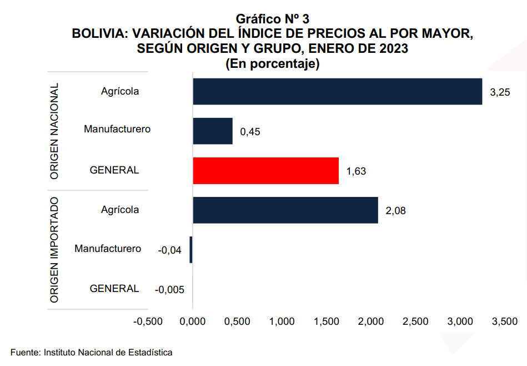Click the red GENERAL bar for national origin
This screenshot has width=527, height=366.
[265, 170]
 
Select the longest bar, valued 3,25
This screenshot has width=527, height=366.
[337, 91]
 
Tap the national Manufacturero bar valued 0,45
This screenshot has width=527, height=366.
[213, 131]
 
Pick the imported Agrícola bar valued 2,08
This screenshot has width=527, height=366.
[285, 210]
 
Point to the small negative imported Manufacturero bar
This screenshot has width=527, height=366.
[191, 250]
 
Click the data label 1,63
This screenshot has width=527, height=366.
[356, 171]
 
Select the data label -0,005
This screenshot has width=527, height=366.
[169, 290]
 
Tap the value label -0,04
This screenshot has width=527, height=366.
[170, 250]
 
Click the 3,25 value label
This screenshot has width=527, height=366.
[500, 92]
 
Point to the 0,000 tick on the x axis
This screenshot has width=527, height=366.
[193, 322]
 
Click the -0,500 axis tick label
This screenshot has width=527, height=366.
[147, 322]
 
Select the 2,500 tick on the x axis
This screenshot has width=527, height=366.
[416, 322]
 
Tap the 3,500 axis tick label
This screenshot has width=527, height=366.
[505, 322]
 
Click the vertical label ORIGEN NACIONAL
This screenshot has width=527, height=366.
[54, 131]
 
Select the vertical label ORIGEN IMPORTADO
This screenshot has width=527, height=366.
[54, 250]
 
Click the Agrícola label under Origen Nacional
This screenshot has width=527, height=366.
[120, 91]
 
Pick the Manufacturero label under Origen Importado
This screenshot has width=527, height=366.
[108, 249]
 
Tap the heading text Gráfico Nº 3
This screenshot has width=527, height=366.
[272, 19]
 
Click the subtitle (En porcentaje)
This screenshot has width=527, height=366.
[272, 63]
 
